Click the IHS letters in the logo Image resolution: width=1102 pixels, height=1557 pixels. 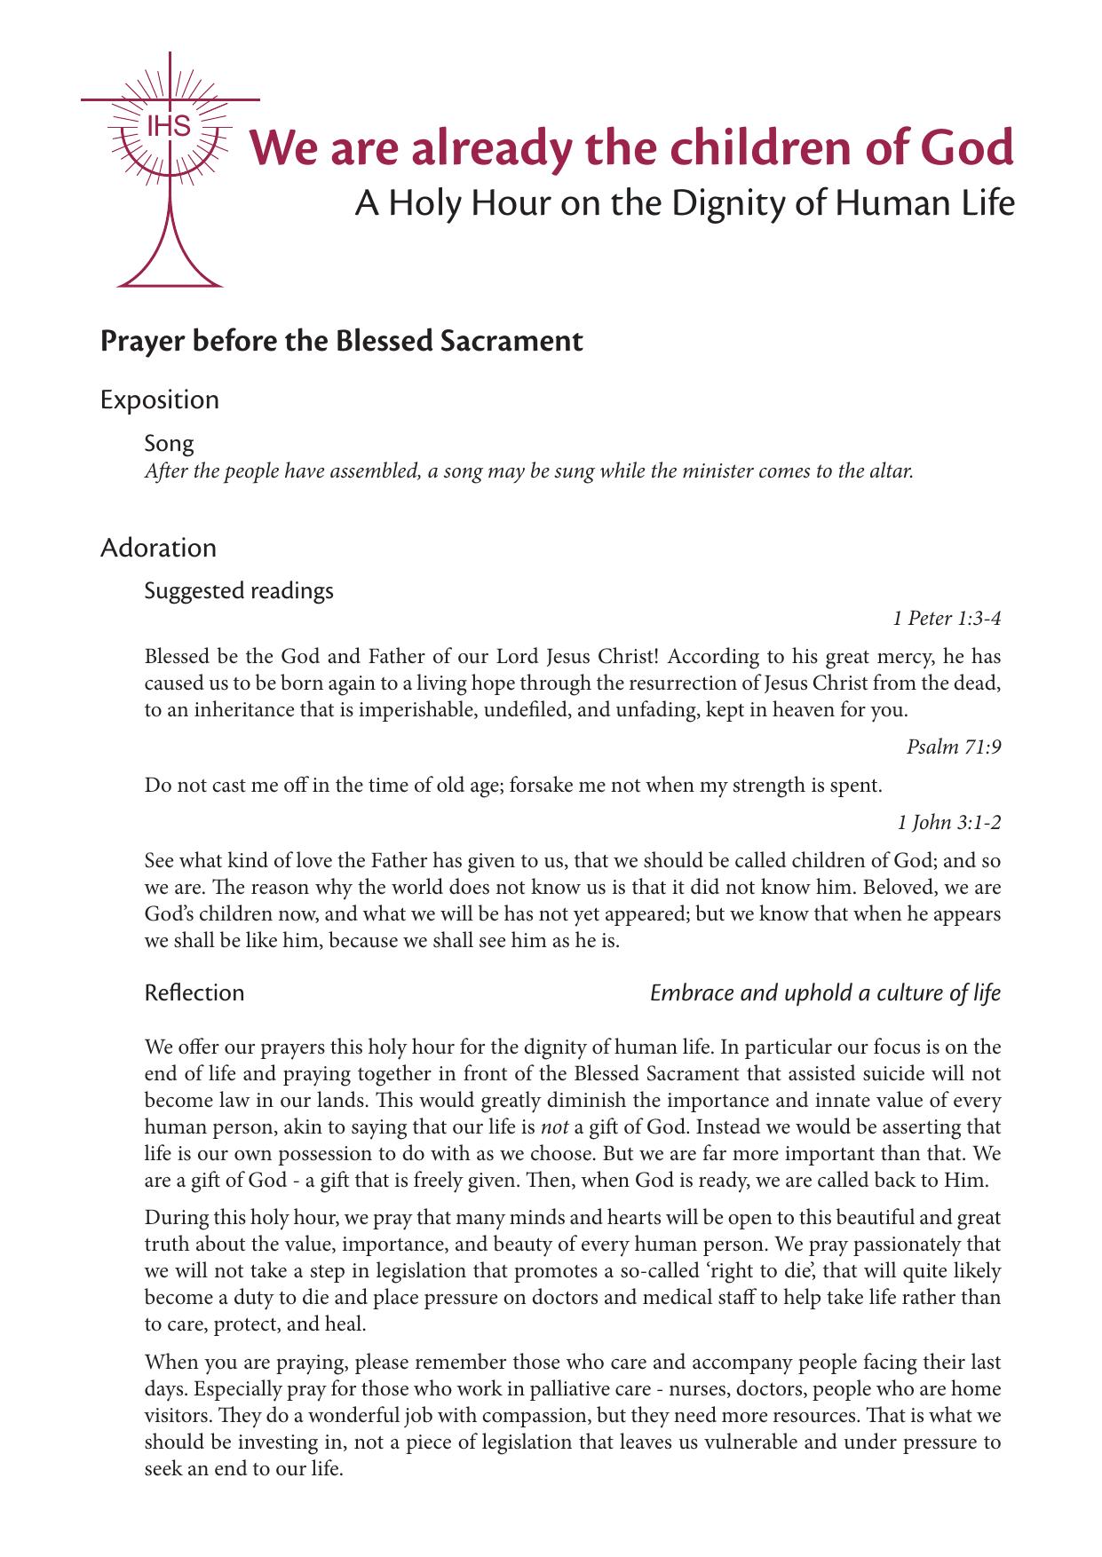[x=169, y=127]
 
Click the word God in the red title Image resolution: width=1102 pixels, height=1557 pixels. [x=965, y=148]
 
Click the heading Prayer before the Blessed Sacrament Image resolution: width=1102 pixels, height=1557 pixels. [x=341, y=341]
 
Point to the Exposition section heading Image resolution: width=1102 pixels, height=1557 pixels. [x=160, y=399]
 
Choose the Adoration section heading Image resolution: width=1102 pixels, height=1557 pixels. [x=158, y=548]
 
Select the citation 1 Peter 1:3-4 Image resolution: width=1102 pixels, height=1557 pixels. [x=947, y=619]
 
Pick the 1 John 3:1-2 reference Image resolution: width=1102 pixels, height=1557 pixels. [x=949, y=823]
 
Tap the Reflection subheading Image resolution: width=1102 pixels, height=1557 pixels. [x=194, y=992]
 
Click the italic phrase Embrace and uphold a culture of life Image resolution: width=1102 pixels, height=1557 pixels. [x=825, y=992]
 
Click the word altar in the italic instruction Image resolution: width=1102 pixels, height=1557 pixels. [x=890, y=470]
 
